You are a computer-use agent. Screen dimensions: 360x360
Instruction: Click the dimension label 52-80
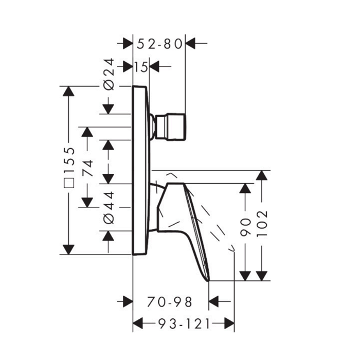tap(159, 44)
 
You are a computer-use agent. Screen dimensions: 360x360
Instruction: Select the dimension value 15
tap(141, 67)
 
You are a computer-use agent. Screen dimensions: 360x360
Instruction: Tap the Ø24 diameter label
tap(109, 74)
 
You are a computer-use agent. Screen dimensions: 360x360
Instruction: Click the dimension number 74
tap(88, 168)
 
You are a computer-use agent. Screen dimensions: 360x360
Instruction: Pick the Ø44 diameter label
tap(109, 208)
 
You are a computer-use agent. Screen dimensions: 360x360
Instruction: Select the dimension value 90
tap(245, 227)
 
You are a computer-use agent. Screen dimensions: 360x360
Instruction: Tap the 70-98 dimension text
tap(169, 302)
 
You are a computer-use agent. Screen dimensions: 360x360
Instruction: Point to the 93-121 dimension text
tap(184, 324)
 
